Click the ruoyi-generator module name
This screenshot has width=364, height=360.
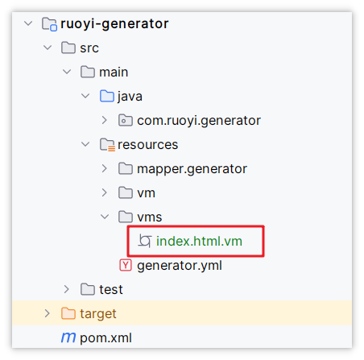coord(114,24)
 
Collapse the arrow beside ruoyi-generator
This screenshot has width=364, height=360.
coord(28,23)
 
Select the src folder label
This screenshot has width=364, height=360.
coord(89,48)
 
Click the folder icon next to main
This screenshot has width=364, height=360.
coord(88,72)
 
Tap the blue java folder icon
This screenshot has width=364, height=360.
coord(107,96)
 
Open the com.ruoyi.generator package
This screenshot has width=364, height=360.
coord(199,121)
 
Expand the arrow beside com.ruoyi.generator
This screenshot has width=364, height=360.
coord(104,120)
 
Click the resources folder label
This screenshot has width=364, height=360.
coord(148,145)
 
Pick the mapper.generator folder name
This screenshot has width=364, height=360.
coord(192,169)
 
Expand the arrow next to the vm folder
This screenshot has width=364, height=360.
coord(104,192)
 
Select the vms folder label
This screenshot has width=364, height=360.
coord(150,217)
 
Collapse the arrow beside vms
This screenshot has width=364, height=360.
coord(105,217)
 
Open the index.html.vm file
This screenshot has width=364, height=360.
coord(199,241)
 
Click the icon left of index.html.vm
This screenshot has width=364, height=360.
coord(145,241)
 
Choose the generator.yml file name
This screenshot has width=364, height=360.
coord(180,266)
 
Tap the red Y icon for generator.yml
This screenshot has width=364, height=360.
coord(126,265)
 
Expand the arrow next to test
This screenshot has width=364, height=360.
coord(66,289)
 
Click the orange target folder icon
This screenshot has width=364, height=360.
coord(68,313)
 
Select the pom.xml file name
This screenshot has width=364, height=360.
coord(105,338)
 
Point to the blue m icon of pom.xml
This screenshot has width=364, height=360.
coord(68,337)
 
